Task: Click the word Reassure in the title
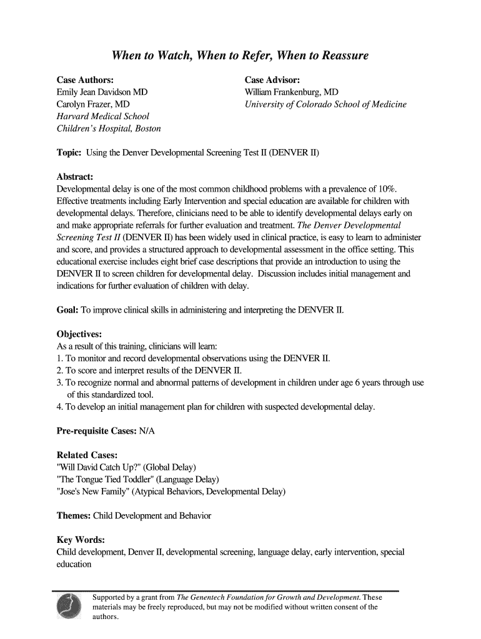tap(344, 56)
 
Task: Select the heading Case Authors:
tap(85, 80)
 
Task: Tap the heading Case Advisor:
tap(272, 80)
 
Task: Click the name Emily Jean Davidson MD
tap(102, 92)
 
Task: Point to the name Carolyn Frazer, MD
tap(93, 104)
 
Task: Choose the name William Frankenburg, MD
tap(292, 92)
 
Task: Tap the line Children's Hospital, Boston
tap(109, 129)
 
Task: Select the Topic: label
tap(69, 153)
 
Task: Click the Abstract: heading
tap(75, 177)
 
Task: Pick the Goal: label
tap(67, 310)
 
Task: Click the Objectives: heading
tap(79, 334)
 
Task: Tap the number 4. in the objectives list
tap(60, 407)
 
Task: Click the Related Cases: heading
tap(87, 456)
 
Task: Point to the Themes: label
tap(74, 516)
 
